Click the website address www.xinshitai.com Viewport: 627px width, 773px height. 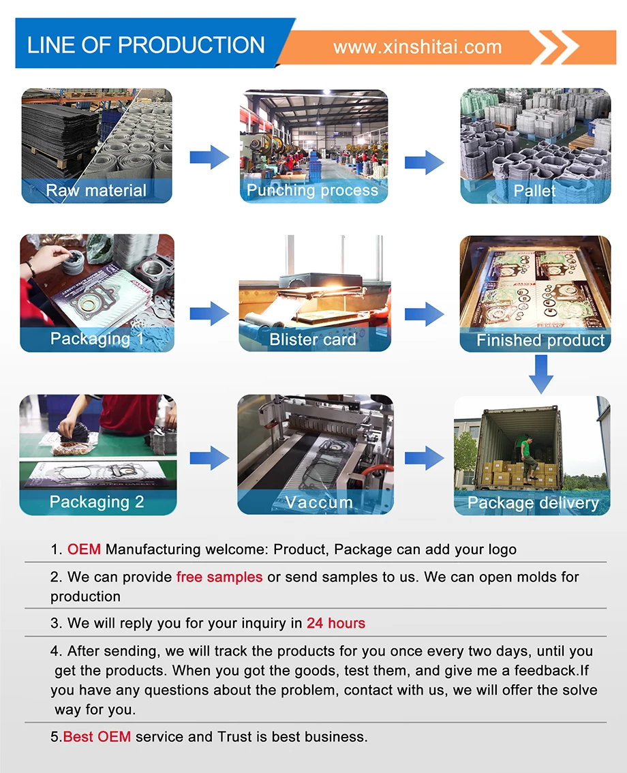pos(417,47)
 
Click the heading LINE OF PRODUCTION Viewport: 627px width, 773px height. pos(146,45)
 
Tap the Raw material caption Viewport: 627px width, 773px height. pos(96,190)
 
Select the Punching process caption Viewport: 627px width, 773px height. pos(312,190)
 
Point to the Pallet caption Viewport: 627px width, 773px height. pos(535,191)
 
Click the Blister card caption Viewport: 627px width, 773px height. pos(313,339)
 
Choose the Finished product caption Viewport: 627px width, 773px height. pos(540,340)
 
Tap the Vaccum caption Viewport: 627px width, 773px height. pos(319,502)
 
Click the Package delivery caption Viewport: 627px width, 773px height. pos(533,503)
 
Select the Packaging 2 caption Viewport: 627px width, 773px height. pos(97,502)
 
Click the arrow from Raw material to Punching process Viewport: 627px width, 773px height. pos(209,157)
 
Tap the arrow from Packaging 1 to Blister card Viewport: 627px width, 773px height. pos(209,314)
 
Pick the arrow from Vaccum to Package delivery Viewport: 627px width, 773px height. pos(424,457)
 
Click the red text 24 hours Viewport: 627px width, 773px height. pos(336,623)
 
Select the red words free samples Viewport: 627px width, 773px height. pos(219,577)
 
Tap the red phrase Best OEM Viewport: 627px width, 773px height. pos(97,736)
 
